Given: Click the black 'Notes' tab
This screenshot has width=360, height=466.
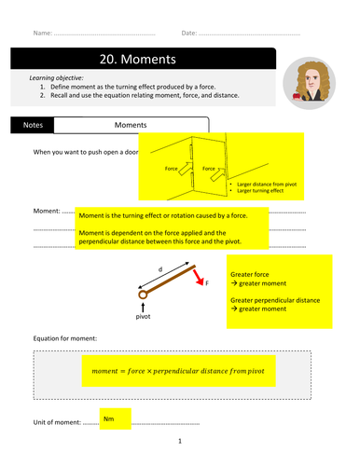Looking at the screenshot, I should coord(32,123).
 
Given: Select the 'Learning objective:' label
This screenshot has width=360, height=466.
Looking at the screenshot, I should coord(57,77).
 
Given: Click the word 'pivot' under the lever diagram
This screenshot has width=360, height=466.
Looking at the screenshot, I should coord(143,316).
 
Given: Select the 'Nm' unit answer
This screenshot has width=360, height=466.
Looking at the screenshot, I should coord(109,420).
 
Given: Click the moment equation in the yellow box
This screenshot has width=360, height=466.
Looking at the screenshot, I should coord(178,370).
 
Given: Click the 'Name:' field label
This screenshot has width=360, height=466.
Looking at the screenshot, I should coord(42,33).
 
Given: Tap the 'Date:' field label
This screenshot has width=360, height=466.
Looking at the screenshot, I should coord(189,33).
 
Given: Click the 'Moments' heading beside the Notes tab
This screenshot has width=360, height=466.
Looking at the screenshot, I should coord(132,123).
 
